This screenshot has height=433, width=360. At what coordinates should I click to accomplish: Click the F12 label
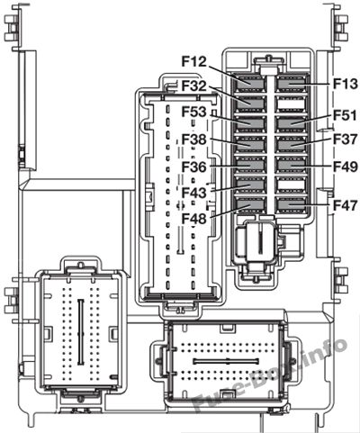[194, 61]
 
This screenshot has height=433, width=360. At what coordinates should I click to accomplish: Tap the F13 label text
[346, 84]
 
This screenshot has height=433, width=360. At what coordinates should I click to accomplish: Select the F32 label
[194, 86]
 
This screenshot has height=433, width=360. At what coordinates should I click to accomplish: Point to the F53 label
[194, 113]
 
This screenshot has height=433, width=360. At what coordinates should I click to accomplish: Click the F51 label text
[346, 115]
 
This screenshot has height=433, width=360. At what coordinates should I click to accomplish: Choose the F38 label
[194, 140]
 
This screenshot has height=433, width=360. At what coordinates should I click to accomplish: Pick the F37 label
[346, 140]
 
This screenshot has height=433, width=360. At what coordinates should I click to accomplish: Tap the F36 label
[194, 167]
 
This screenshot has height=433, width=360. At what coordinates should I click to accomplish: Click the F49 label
[346, 167]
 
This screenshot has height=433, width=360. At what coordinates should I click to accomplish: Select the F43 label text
[194, 193]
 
